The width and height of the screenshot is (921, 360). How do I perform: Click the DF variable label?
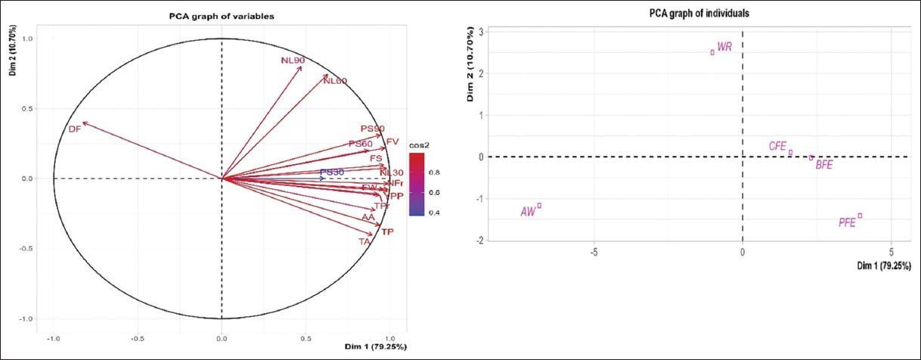(x=74, y=129)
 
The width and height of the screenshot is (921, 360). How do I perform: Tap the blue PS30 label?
(x=332, y=172)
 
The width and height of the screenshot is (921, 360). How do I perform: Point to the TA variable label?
(x=364, y=242)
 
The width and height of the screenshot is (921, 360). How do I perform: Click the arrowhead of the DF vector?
(x=84, y=123)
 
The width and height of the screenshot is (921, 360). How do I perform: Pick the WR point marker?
(x=712, y=52)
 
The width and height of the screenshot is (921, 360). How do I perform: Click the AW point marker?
(x=539, y=206)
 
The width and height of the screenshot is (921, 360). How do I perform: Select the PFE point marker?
(x=860, y=216)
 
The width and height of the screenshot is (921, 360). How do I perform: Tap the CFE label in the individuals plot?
(x=778, y=146)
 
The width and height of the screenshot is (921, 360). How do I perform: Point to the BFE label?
(x=823, y=165)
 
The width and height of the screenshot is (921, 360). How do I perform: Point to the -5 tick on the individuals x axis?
(x=594, y=252)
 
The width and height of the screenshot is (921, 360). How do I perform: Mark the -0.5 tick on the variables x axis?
(x=137, y=339)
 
